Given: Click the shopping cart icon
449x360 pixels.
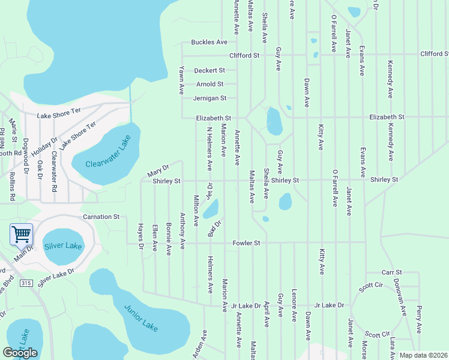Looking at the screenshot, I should coord(21,234).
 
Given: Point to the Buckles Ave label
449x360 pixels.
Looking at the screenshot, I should coord(209,42).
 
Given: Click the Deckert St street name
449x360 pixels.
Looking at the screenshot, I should coord(209,70).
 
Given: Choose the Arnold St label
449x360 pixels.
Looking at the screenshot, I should coord(209,84).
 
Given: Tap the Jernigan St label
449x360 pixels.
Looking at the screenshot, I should coord(209,98).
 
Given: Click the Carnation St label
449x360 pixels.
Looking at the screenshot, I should coord(101,216).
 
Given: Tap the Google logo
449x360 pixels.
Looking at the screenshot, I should coord(20,353).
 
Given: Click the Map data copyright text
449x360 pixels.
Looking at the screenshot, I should coord(423,355).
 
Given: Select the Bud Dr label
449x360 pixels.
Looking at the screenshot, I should coord(215,228).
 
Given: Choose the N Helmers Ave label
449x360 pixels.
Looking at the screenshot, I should coord(209,147).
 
